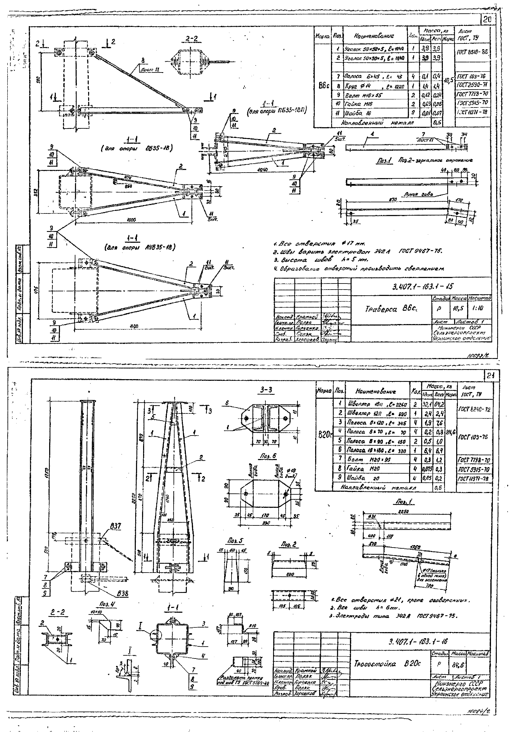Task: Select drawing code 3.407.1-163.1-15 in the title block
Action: pos(422,287)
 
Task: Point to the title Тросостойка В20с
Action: pos(387,664)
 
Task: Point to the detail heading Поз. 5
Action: pos(236,541)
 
